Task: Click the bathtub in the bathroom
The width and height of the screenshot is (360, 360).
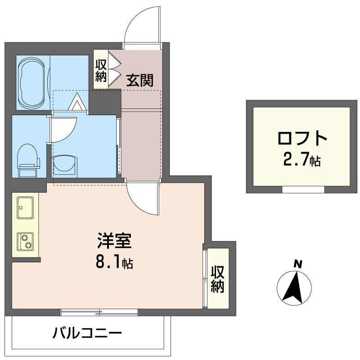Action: pos(32,82)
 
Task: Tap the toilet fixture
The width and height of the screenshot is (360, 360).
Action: pos(28,160)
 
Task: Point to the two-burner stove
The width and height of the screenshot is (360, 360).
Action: pos(25,241)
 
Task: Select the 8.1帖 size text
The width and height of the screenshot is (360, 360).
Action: pos(114,262)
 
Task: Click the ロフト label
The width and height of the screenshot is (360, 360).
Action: pos(302,139)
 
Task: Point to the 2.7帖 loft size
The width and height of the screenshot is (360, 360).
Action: pos(302,160)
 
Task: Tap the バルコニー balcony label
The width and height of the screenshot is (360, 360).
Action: pos(87,334)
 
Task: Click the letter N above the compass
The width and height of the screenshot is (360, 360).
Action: pos(297,264)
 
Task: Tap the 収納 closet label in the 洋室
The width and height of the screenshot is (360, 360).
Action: pos(218,279)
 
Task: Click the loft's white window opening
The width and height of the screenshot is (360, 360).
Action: pos(302,189)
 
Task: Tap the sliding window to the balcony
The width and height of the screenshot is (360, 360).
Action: pos(99,311)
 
